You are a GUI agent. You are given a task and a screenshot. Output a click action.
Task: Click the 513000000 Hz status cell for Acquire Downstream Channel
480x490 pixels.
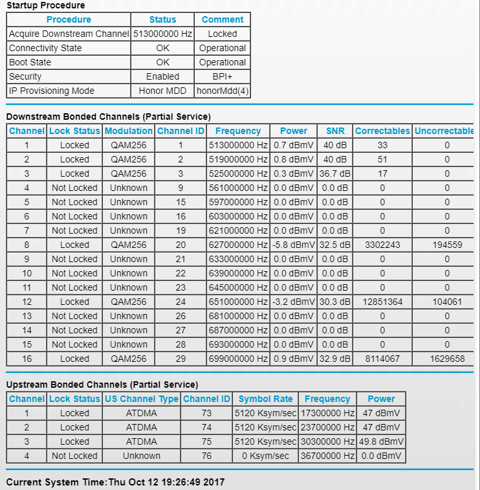162,34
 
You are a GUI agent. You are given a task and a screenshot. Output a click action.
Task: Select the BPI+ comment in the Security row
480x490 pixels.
223,76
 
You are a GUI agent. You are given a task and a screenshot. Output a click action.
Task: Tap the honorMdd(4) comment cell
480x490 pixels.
223,91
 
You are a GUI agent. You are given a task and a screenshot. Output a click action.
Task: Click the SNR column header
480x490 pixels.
335,131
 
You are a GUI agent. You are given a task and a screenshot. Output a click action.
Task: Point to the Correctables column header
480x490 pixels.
382,131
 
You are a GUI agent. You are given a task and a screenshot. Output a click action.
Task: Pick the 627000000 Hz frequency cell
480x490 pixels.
238,245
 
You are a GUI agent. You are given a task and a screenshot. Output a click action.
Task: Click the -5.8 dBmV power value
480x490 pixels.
294,245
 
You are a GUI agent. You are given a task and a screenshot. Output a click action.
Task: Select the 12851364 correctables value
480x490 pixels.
382,302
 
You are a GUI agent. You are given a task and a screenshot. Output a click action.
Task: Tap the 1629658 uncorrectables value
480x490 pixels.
447,359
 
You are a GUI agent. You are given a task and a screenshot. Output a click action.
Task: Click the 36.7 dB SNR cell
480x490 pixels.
335,173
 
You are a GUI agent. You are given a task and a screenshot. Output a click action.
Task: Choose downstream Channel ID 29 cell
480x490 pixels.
180,359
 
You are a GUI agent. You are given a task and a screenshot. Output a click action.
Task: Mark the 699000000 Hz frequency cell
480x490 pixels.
238,359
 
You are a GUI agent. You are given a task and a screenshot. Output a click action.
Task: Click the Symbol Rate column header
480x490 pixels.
265,399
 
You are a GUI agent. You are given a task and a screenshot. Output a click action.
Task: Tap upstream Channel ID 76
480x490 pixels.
206,456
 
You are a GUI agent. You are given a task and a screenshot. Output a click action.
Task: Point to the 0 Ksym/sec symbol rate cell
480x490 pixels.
265,456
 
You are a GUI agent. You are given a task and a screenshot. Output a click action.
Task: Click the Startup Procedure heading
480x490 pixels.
45,6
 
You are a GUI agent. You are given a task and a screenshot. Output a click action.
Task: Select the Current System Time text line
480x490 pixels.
115,482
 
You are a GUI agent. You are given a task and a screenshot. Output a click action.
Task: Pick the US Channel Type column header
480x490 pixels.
141,399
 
